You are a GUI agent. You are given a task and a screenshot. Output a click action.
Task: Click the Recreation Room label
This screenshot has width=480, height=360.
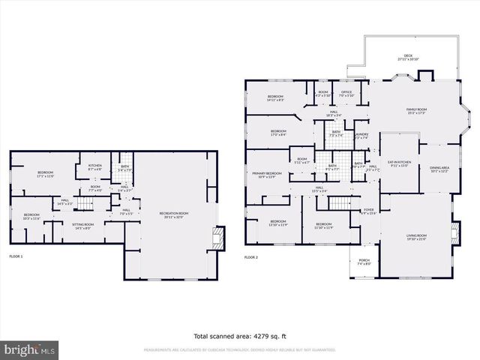173,215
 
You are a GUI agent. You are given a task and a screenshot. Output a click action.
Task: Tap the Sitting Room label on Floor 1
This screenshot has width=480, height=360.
82,226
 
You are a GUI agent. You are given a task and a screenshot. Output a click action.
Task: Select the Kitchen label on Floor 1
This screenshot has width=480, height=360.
95,167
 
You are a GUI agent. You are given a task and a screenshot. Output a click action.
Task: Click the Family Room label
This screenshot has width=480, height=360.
416,112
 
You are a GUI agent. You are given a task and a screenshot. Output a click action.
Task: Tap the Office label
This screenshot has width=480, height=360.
346,94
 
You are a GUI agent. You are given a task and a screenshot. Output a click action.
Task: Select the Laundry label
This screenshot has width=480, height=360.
361,136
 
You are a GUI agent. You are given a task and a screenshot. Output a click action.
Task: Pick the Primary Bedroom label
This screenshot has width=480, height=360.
266,175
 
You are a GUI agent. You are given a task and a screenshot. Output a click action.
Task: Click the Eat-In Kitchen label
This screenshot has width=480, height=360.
399,163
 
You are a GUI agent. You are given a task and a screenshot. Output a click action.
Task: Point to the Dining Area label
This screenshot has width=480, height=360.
439,169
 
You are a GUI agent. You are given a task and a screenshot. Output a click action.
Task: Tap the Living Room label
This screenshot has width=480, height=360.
416,238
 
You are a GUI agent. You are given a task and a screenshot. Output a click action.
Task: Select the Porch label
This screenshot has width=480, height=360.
364,263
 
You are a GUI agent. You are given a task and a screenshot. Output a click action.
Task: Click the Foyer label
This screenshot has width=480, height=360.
368,211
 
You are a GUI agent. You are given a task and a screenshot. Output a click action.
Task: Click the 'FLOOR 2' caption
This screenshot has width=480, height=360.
250,257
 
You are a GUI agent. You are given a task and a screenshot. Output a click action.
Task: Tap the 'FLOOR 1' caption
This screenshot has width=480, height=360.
16,257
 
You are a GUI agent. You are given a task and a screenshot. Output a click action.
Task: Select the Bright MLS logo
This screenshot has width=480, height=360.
30,349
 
